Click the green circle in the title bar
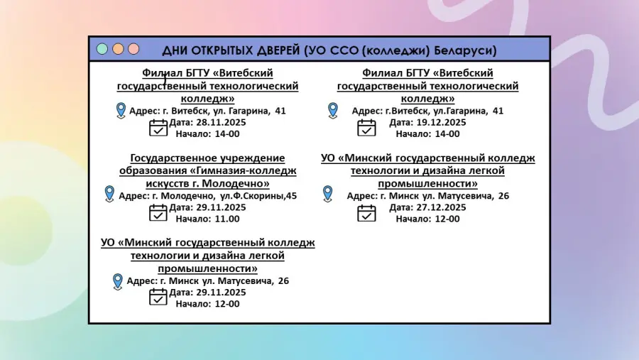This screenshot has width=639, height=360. (x=102, y=49)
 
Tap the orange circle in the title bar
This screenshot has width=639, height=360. (x=118, y=49)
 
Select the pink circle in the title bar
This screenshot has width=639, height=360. (x=133, y=49)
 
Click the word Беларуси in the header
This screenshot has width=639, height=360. (x=465, y=50)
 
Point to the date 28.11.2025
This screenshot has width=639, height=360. (x=222, y=122)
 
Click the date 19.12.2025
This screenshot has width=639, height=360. (x=442, y=122)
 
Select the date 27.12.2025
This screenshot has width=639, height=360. (x=442, y=207)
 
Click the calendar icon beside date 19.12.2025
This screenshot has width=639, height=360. (x=366, y=128)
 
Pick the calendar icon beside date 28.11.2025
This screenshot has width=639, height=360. (x=158, y=128)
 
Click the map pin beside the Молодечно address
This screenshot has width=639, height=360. (x=109, y=194)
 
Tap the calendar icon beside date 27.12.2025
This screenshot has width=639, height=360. (x=366, y=213)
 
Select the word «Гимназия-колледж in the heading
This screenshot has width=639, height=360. (x=244, y=170)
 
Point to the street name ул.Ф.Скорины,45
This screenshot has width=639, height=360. (x=258, y=196)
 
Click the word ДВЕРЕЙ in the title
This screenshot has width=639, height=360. (x=278, y=50)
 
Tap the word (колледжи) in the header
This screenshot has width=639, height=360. (x=395, y=50)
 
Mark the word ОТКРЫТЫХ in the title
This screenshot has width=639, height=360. (x=222, y=50)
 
